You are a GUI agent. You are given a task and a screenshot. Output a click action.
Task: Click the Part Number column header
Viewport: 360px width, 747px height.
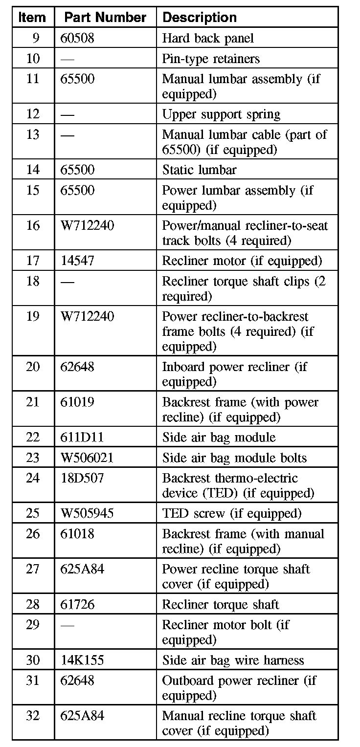105,18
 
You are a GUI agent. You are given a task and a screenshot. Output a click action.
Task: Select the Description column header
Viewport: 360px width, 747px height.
200,18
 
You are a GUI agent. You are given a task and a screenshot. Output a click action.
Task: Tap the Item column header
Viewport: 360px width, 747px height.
32,18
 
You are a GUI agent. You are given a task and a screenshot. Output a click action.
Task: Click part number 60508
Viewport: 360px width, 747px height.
77,38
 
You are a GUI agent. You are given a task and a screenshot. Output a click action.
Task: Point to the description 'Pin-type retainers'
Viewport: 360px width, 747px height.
211,59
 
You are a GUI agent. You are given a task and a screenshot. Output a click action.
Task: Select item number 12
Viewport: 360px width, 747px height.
33,114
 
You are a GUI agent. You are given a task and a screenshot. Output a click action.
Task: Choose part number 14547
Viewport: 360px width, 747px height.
77,261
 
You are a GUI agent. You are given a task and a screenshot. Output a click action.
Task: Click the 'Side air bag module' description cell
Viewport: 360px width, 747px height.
219,437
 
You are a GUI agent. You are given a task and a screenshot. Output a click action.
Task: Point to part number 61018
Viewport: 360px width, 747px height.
77,534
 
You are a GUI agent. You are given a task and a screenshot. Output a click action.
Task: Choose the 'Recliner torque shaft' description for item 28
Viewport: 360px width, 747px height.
221,604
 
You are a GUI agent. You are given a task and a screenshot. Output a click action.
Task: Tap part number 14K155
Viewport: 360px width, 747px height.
82,660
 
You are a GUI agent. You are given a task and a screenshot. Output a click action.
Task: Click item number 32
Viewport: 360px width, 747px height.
33,716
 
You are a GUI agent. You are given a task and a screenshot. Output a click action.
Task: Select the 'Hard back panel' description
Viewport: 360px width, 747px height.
208,38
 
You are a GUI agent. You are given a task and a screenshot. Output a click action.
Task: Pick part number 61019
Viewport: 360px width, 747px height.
77,402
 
